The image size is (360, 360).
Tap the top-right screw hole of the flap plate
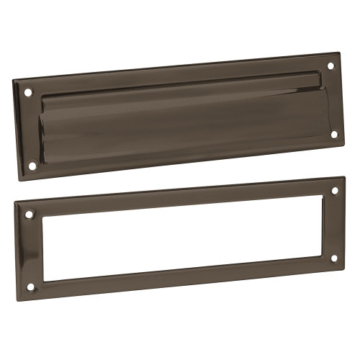click(x=331, y=66)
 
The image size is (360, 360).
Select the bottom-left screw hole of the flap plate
click(x=32, y=166)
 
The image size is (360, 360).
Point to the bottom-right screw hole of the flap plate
click(x=333, y=133)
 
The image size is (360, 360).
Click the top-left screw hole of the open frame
click(x=30, y=215)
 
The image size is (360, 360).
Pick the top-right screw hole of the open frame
click(x=333, y=191)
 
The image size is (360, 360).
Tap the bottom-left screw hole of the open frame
click(x=31, y=287)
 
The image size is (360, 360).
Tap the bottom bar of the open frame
click(x=180, y=278)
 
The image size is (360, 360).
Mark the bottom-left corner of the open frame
click(x=17, y=296)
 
